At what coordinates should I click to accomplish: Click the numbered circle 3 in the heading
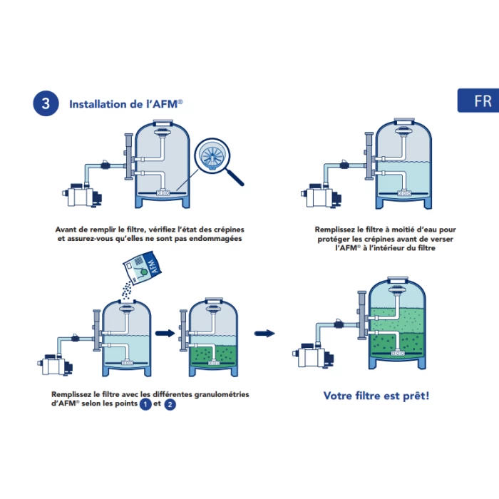click(x=46, y=103)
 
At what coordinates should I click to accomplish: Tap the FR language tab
click(x=478, y=101)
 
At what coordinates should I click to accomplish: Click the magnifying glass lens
click(x=212, y=156)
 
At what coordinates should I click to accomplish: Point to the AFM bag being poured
click(x=143, y=267)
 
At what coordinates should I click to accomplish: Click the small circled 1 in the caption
click(x=145, y=404)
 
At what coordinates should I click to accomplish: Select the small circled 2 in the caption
click(x=170, y=404)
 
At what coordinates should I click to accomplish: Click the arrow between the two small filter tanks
click(x=165, y=334)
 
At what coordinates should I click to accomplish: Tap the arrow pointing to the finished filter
click(x=264, y=334)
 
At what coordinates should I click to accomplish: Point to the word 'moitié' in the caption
click(x=403, y=230)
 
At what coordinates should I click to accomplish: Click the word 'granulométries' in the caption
click(x=222, y=394)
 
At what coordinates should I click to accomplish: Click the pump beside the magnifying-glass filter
click(x=82, y=195)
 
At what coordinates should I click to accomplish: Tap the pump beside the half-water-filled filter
click(x=321, y=195)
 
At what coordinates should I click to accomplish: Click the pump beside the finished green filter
click(x=313, y=356)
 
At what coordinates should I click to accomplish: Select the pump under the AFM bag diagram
click(x=55, y=365)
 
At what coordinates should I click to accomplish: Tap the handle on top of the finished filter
click(x=398, y=279)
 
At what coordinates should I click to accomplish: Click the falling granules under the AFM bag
click(x=128, y=290)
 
